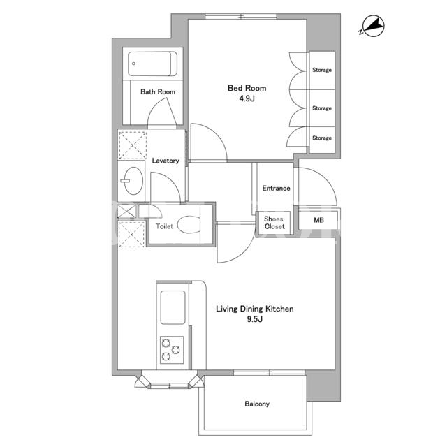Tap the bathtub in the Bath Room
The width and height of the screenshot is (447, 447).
click(152, 64)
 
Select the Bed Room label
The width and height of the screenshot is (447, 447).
click(247, 88)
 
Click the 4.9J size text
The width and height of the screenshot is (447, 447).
click(247, 98)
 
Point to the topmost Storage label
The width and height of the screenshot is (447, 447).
click(322, 70)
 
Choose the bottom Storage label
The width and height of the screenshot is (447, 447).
click(322, 138)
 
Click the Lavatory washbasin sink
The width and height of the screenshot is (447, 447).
click(133, 181)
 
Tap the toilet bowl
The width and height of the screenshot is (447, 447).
click(189, 225)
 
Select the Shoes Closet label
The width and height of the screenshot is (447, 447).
click(274, 223)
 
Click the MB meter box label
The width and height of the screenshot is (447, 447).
click(318, 220)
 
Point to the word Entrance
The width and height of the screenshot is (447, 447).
click(276, 188)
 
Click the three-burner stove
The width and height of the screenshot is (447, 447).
click(172, 350)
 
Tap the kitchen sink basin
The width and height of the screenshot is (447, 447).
click(173, 307)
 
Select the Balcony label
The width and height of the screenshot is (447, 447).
click(257, 404)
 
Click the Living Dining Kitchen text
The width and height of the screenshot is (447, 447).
click(254, 309)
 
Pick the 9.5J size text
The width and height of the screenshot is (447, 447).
click(254, 319)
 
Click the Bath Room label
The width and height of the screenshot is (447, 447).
click(158, 91)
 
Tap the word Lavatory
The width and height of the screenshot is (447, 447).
click(166, 161)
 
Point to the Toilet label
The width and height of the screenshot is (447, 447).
click(164, 226)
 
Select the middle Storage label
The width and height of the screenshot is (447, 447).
click(322, 108)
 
